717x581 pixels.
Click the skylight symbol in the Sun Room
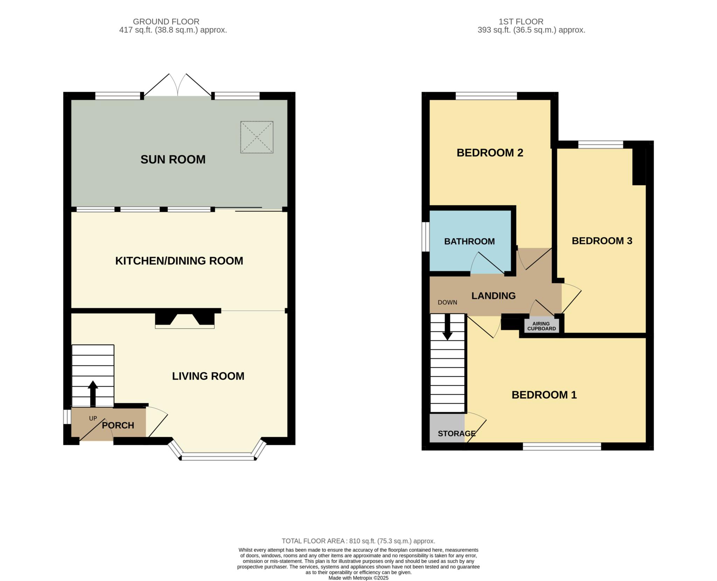[257, 137]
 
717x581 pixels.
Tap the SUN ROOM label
[173, 159]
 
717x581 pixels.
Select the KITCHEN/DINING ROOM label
[179, 261]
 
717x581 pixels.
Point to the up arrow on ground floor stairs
[93, 393]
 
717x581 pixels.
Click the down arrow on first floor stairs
[447, 327]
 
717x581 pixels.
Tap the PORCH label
[118, 425]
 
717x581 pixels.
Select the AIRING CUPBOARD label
[542, 326]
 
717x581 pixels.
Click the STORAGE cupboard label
[457, 433]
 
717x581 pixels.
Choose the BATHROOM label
[469, 241]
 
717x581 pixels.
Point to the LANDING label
[494, 296]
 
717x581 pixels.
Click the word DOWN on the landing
[447, 302]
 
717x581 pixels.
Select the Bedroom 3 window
[601, 144]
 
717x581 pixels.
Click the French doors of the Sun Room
[178, 85]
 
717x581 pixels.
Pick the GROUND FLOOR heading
[166, 22]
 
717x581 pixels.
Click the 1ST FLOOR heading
[521, 22]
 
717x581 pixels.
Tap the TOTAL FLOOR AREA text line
[358, 541]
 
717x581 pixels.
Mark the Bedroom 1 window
[562, 446]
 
